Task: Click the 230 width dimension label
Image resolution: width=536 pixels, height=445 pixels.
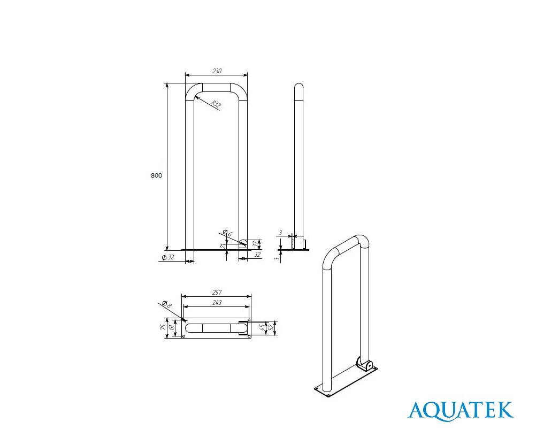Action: pos(217,71)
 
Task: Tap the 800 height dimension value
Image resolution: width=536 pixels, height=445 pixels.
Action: pos(156,175)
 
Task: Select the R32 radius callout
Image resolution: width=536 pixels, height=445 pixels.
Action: pos(216,104)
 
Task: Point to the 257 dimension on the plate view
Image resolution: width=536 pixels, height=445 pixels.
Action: pos(217,293)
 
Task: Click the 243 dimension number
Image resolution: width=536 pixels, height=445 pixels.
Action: pos(217,303)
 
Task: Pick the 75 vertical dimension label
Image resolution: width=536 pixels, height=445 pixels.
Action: pos(163,327)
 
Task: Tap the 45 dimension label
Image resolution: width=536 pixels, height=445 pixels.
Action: pos(262,327)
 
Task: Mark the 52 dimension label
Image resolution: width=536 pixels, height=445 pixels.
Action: pos(271,327)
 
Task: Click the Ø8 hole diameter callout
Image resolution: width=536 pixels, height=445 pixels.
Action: pos(166,304)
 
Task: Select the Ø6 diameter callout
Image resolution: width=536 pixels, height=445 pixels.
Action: pos(227,233)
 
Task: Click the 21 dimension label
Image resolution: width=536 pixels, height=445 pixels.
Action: pos(223,245)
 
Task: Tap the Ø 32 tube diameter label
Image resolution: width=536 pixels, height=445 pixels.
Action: pos(167,257)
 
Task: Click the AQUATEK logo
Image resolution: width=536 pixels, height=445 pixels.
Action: pos(461,411)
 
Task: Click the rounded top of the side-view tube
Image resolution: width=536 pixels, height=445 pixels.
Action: pos(299,87)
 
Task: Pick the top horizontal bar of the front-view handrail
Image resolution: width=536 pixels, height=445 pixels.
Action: pos(216,88)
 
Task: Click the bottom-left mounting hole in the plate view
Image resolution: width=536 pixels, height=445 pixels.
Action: pos(184,336)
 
